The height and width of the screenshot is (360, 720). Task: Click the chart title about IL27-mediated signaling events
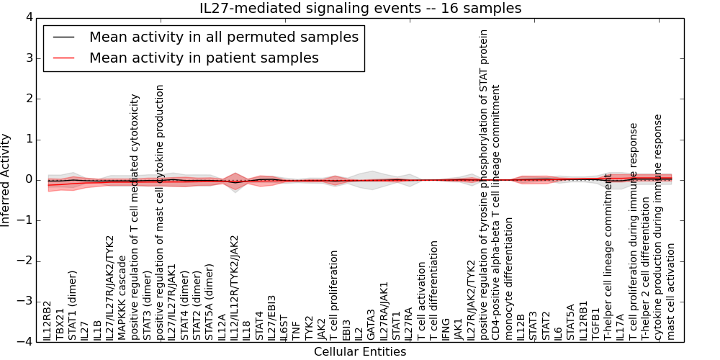[x=360, y=9]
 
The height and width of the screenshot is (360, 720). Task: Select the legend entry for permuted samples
[x=223, y=37]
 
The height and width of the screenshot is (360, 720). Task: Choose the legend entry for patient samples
[x=204, y=58]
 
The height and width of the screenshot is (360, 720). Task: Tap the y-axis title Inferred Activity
[x=6, y=180]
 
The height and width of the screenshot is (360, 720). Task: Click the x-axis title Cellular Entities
[x=360, y=352]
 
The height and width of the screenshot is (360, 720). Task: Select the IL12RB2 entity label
[x=48, y=321]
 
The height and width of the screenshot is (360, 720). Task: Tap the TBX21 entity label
[x=60, y=324]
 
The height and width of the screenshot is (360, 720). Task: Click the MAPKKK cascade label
[x=122, y=295]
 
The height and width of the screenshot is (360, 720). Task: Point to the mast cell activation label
[x=671, y=292]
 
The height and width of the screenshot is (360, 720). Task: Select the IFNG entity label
[x=446, y=328]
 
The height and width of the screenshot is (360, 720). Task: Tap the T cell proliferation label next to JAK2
[x=334, y=296]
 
